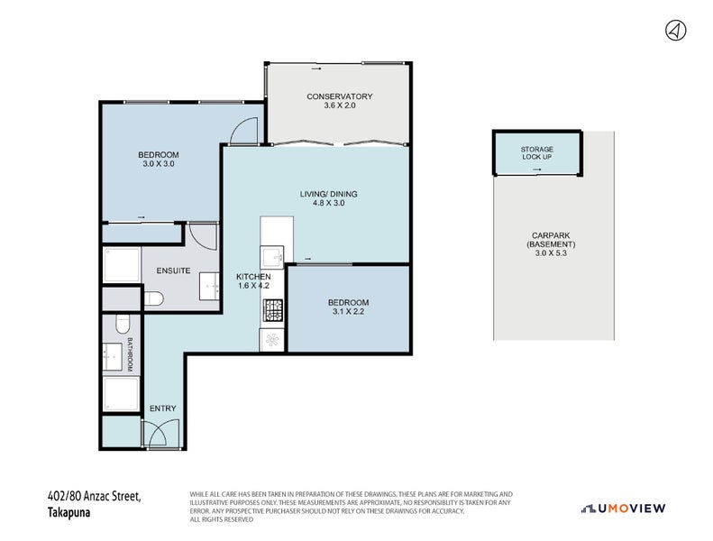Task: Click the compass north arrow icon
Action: [675, 30]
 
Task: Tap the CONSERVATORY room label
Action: [339, 96]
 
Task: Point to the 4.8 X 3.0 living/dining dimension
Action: [323, 204]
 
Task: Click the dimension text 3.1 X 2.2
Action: [347, 312]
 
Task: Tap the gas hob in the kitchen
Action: [273, 311]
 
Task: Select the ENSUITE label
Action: [172, 270]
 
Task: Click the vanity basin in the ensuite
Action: [210, 287]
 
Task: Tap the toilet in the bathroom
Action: [122, 323]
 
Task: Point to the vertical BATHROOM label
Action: [130, 354]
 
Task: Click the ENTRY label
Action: [163, 408]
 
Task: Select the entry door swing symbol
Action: [154, 435]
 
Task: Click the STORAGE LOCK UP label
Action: [536, 153]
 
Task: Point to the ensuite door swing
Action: [203, 236]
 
